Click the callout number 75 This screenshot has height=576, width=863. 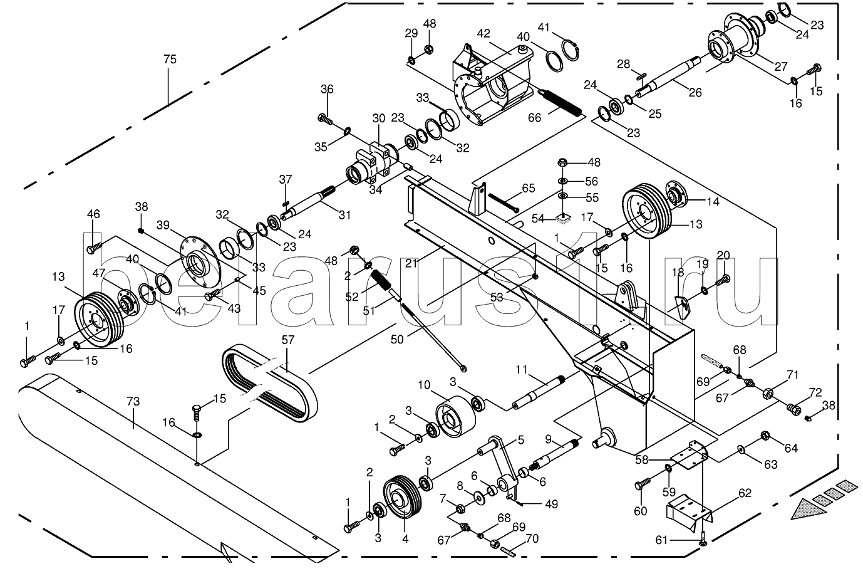tap(170, 60)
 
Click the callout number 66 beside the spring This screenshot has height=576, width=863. tap(535, 118)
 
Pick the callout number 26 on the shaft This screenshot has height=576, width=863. tap(695, 93)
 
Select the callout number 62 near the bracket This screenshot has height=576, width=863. tap(744, 493)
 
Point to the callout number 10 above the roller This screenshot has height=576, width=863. tap(425, 385)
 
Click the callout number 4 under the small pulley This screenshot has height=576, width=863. tap(405, 537)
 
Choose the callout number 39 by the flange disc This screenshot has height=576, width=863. tap(163, 225)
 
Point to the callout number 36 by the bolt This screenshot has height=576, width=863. tap(327, 90)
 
